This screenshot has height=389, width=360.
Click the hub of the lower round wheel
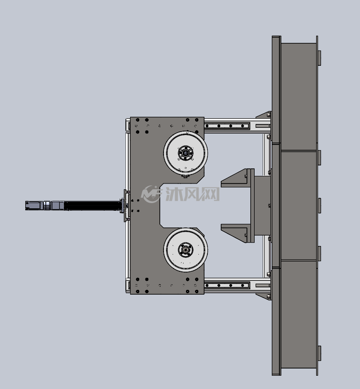click(185, 249)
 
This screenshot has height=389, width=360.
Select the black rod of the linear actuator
click(93, 205)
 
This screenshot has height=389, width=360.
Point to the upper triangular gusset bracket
click(237, 178)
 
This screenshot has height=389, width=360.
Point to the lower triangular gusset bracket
click(237, 233)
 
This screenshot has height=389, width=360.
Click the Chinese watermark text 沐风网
click(193, 194)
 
